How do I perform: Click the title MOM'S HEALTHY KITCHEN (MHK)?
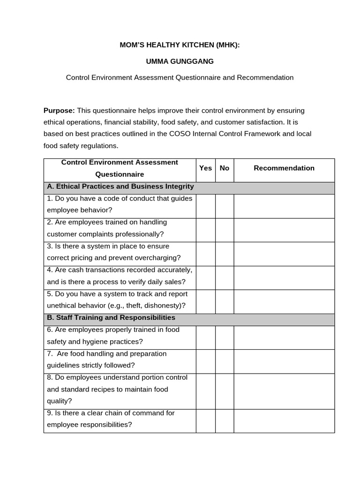coord(180,45)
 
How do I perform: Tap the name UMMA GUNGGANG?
coord(180,61)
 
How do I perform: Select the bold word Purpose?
coord(59,111)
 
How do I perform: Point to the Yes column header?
coord(205,168)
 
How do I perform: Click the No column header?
coord(225,168)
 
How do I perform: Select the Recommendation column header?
coord(284,168)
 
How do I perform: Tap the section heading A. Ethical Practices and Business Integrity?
coord(120,187)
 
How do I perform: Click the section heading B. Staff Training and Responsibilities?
coord(111,318)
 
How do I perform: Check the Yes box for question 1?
coord(205,206)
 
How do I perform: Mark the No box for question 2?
coord(225,230)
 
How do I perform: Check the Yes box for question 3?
coord(205,254)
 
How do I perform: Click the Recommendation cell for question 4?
coord(284,278)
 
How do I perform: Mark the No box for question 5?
coord(225,302)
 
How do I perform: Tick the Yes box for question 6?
coord(205,337)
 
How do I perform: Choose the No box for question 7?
coord(225,361)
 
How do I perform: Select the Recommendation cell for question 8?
coord(284,391)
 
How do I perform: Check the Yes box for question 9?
coord(205,421)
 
